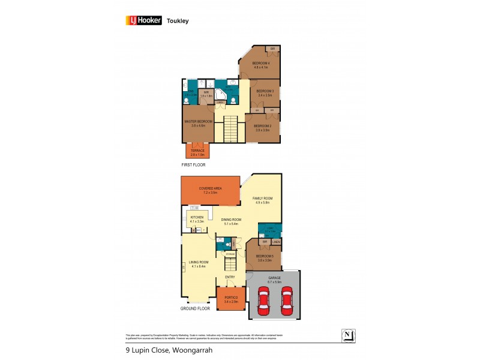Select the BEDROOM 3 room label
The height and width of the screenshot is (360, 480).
coord(265,92)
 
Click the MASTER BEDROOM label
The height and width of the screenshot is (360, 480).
coord(198,122)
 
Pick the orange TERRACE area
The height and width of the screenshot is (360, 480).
coord(198,151)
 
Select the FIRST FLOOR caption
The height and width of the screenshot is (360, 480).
coord(194,164)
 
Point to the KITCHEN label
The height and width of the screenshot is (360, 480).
coord(197,218)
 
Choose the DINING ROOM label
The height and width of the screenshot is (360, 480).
coord(230,221)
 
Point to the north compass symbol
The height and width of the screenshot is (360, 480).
coord(347,334)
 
